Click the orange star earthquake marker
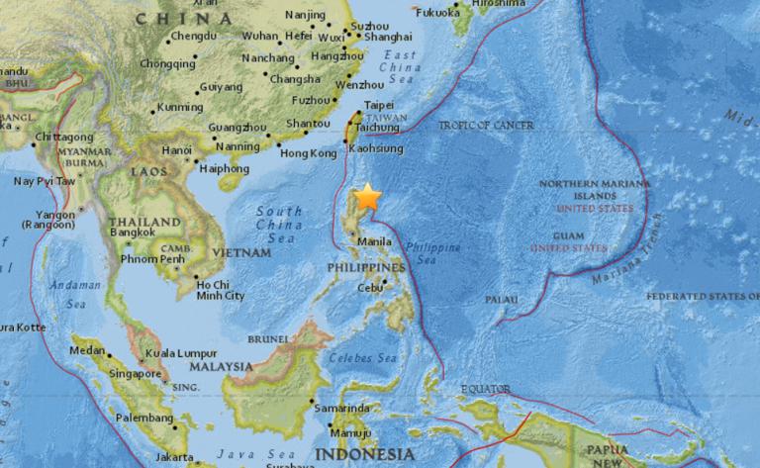coord(368,197)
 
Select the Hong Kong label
coord(309,153)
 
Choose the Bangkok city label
coord(134,232)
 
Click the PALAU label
coord(503,299)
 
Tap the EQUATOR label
coord(484,389)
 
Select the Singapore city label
coord(136,374)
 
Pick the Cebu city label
coord(371,287)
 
